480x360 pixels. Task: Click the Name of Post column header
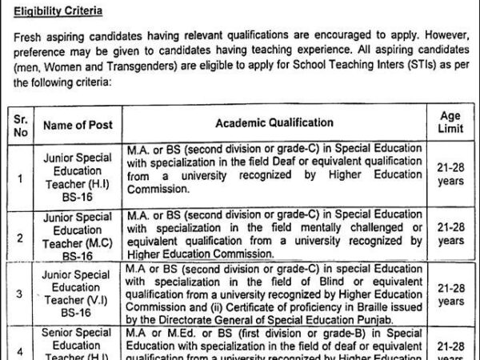click(x=78, y=125)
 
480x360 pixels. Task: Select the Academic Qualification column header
click(x=274, y=123)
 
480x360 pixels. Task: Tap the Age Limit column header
click(x=450, y=123)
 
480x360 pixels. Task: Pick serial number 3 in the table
click(x=20, y=294)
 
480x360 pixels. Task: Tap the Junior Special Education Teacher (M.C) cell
click(x=78, y=236)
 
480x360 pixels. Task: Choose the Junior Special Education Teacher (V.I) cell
click(x=78, y=294)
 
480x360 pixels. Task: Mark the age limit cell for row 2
click(x=450, y=234)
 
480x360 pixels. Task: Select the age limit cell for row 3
click(x=450, y=294)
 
